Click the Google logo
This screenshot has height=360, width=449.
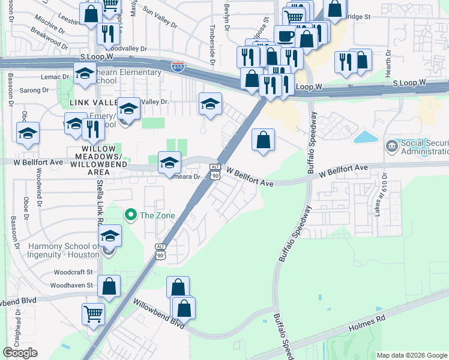click(x=20, y=353)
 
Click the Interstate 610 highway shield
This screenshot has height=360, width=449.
click(x=178, y=67)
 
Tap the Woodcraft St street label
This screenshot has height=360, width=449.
click(x=73, y=272)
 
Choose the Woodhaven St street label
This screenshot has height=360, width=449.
click(x=73, y=286)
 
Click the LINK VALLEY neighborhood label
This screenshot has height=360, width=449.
click(x=92, y=103)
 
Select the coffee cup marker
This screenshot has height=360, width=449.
click(x=286, y=35)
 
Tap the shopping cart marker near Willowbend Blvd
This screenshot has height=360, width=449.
click(x=93, y=313)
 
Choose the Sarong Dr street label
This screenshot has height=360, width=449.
click(x=38, y=90)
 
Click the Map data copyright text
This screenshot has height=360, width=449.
click(x=412, y=355)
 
